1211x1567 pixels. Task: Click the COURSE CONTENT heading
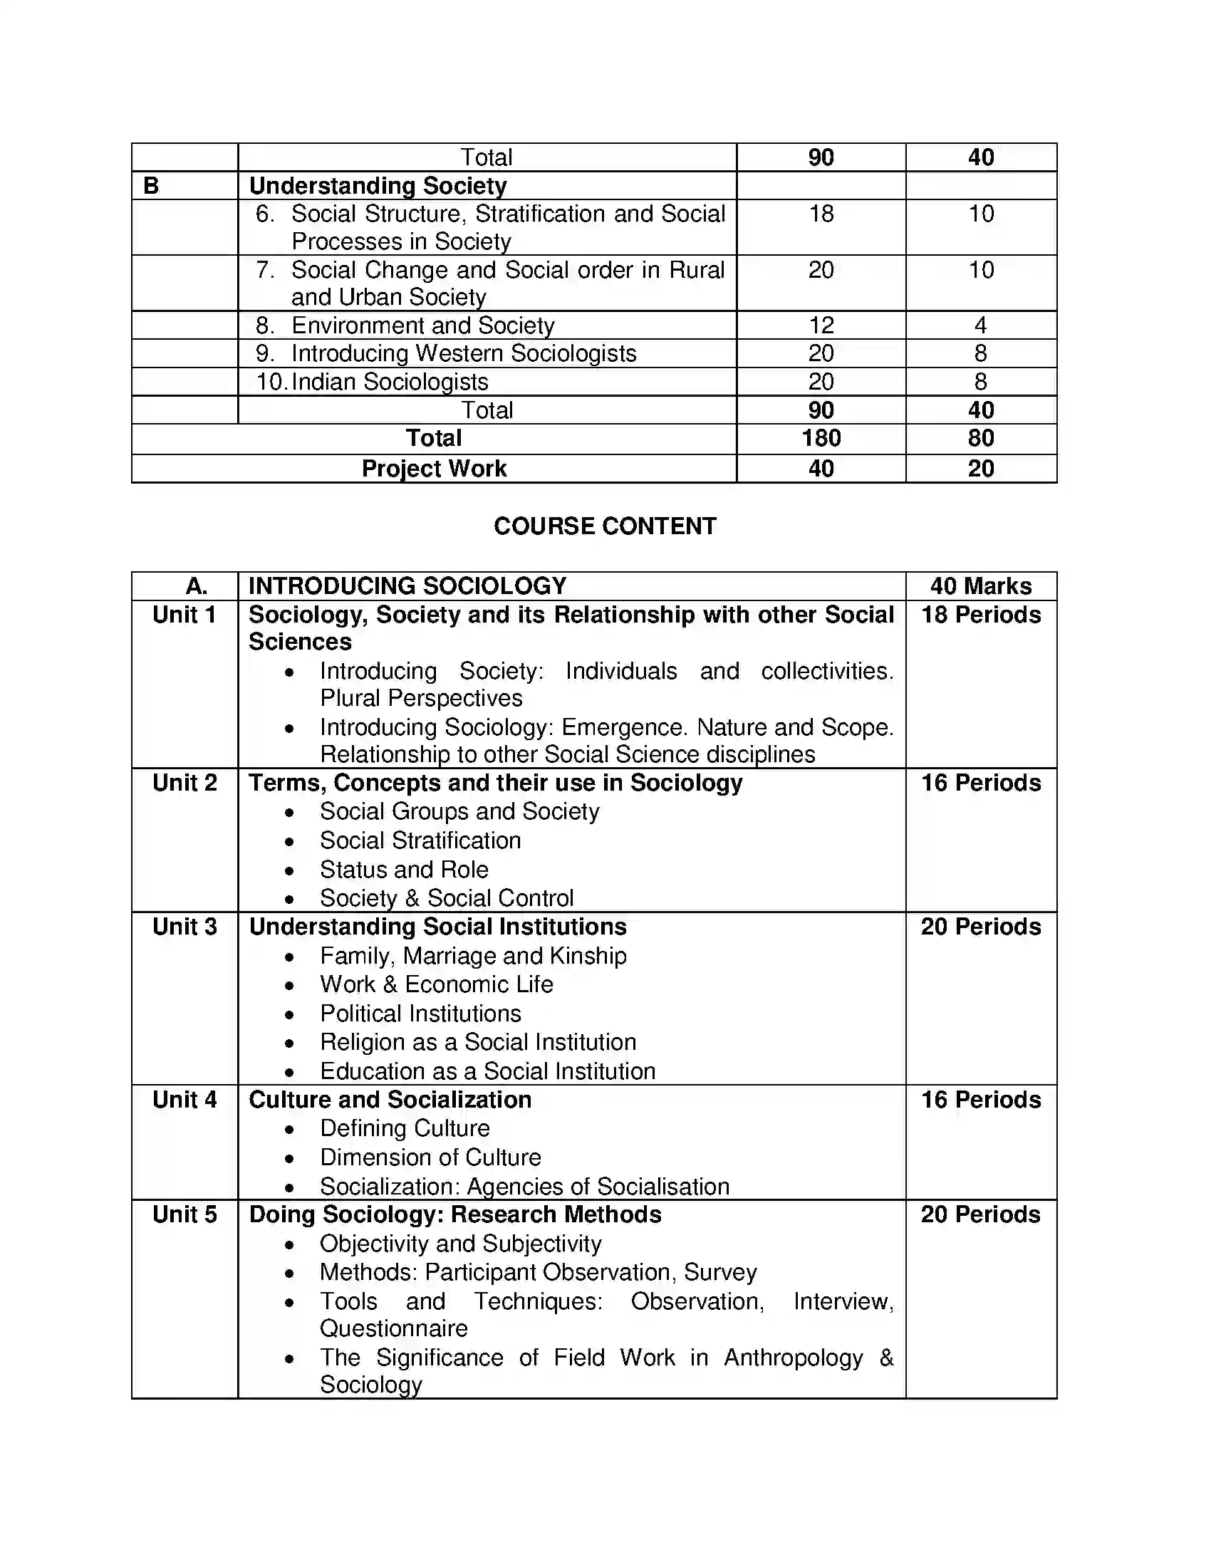click(x=605, y=526)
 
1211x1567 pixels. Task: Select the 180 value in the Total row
click(x=821, y=438)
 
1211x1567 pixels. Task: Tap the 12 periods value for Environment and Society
click(x=821, y=325)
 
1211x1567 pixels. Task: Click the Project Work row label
click(x=433, y=469)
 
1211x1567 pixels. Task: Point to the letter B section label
click(x=151, y=186)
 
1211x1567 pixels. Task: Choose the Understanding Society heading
click(x=378, y=186)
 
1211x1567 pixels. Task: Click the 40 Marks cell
click(x=981, y=586)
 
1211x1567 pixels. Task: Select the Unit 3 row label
click(x=184, y=926)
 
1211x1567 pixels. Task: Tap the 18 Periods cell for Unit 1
click(x=981, y=615)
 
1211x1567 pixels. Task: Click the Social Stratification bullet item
click(x=420, y=840)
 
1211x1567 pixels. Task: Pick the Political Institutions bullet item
click(x=420, y=1013)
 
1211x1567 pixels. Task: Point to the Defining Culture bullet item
click(x=405, y=1128)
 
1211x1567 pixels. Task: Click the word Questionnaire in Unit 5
click(x=394, y=1328)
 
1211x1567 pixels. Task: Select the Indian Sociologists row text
click(x=390, y=382)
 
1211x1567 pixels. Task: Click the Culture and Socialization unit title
click(x=390, y=1099)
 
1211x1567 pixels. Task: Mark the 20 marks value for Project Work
click(x=981, y=469)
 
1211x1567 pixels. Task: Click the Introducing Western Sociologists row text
click(x=464, y=353)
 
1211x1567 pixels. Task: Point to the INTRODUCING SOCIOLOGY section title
click(x=407, y=586)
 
